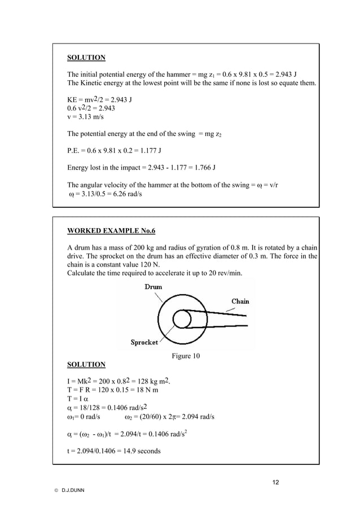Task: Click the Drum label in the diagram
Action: (153, 287)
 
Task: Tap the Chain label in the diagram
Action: (240, 301)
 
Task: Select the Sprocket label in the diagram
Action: (144, 342)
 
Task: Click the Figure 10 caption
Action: (185, 356)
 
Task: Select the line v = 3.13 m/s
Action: (86, 117)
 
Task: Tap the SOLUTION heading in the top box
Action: (86, 58)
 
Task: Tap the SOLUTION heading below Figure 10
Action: (86, 364)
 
